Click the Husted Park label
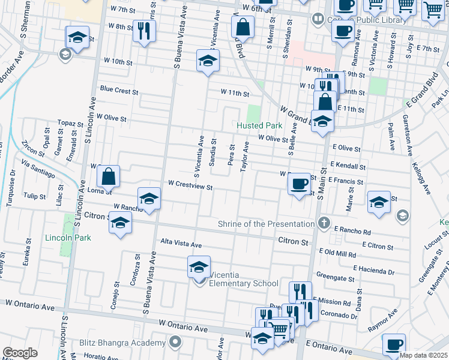pyautogui.click(x=259, y=125)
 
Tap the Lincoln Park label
pyautogui.click(x=68, y=238)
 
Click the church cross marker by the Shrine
pyautogui.click(x=324, y=224)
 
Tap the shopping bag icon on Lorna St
pyautogui.click(x=108, y=176)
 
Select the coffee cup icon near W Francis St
pyautogui.click(x=298, y=183)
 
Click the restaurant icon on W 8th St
pyautogui.click(x=143, y=31)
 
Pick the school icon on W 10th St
pyautogui.click(x=208, y=61)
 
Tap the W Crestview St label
pyautogui.click(x=190, y=187)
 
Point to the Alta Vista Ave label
pyautogui.click(x=181, y=244)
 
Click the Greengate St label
pyautogui.click(x=337, y=278)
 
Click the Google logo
pyautogui.click(x=20, y=353)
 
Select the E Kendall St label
pyautogui.click(x=347, y=166)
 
